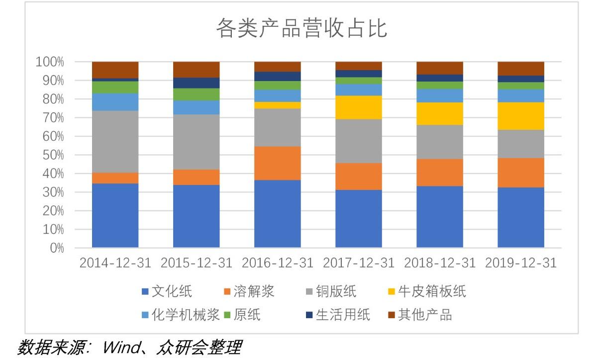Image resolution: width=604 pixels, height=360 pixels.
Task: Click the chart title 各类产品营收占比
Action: click(x=302, y=29)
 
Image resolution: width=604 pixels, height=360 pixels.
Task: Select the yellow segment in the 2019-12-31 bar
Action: click(x=520, y=116)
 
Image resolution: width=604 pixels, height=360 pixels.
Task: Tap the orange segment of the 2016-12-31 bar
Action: click(x=277, y=163)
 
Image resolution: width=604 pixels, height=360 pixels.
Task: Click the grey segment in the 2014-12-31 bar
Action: click(x=115, y=142)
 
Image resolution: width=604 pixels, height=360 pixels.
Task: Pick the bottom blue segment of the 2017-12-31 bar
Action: click(x=358, y=219)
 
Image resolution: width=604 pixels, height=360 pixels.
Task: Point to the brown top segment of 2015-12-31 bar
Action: click(x=196, y=69)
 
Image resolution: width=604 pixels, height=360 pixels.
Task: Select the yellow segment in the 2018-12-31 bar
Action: click(x=439, y=113)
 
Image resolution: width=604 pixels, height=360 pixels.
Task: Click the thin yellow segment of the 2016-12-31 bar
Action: click(x=277, y=105)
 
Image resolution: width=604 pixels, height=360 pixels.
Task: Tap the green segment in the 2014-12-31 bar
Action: click(x=115, y=87)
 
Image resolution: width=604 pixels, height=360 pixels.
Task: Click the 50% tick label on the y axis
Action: click(x=50, y=155)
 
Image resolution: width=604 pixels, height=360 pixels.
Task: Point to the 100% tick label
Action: click(x=50, y=62)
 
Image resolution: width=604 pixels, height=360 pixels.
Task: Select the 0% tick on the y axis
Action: click(x=56, y=248)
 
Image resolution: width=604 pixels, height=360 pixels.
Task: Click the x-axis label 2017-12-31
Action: click(x=358, y=263)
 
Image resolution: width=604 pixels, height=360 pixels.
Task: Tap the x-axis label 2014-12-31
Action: click(x=115, y=263)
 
